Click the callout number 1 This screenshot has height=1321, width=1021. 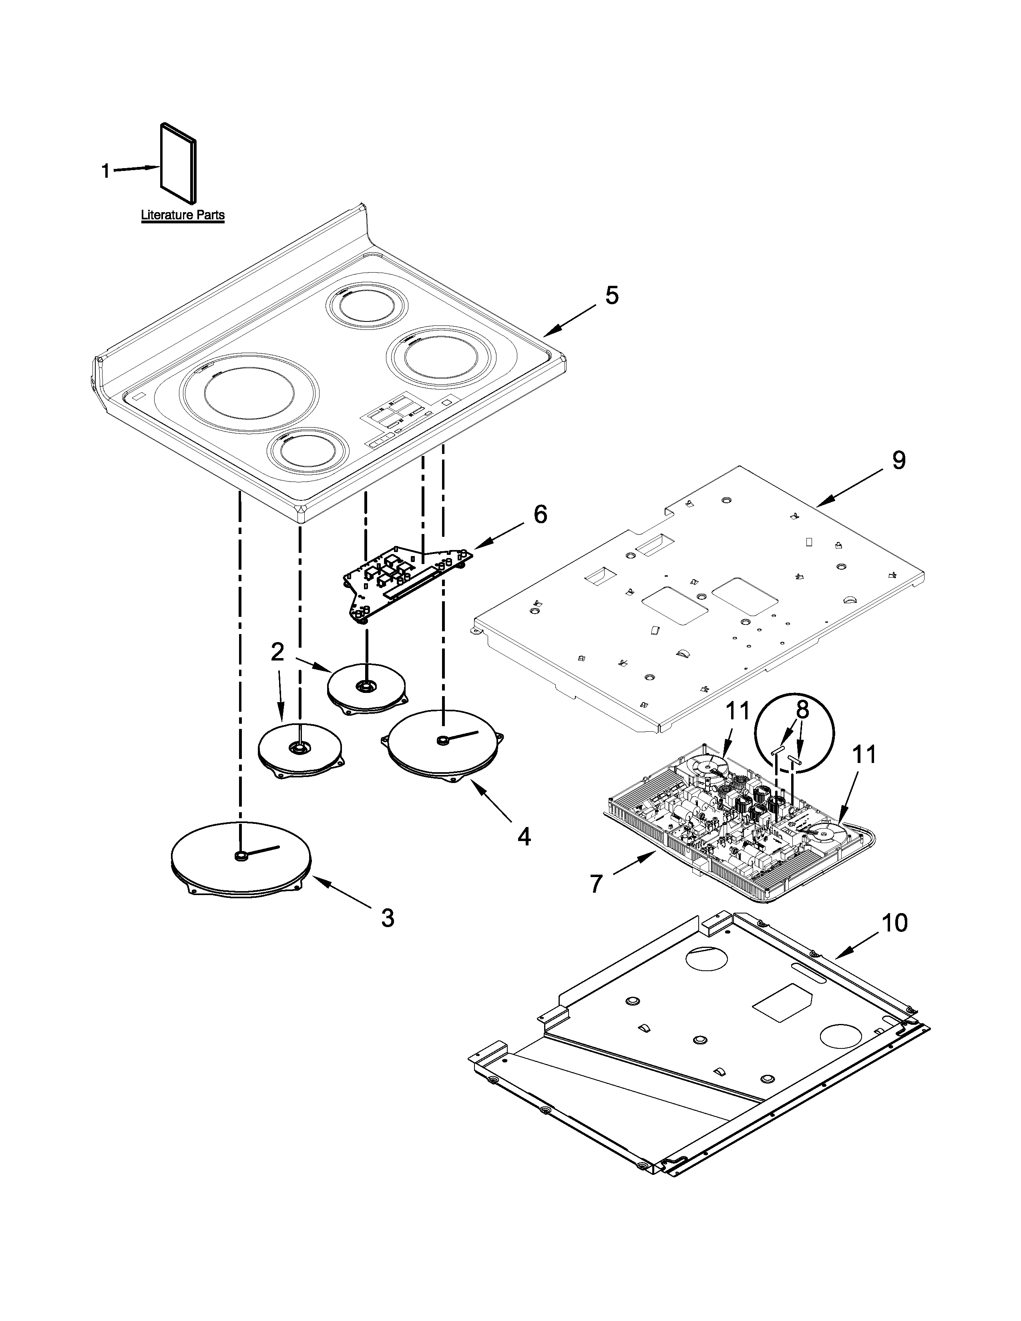pyautogui.click(x=105, y=171)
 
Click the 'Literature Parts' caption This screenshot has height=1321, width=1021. pyautogui.click(x=183, y=215)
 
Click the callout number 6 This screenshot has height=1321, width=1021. pyautogui.click(x=540, y=515)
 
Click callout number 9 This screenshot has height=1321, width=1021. pyautogui.click(x=898, y=460)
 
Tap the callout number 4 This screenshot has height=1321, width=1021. pyautogui.click(x=524, y=837)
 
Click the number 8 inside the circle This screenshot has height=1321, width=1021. pyautogui.click(x=802, y=710)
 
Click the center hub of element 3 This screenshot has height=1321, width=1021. pyautogui.click(x=241, y=855)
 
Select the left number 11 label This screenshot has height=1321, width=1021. pyautogui.click(x=737, y=711)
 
